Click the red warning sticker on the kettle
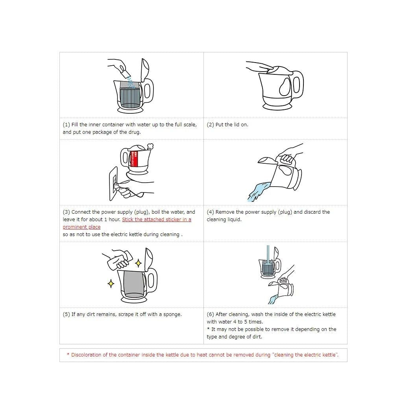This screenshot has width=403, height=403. coord(135,159)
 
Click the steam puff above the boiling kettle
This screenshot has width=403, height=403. coord(150,146)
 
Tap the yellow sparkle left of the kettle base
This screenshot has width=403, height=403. coord(111,283)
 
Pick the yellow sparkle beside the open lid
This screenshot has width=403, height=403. coord(138,263)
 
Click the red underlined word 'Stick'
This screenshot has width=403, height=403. coord(128,220)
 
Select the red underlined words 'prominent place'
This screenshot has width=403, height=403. coord(81,227)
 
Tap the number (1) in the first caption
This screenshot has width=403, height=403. coord(66,125)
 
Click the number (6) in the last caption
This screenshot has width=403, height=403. coord(210,314)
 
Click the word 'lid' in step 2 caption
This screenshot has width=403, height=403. coord(237,125)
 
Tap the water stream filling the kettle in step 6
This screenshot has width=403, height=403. coord(268,255)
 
